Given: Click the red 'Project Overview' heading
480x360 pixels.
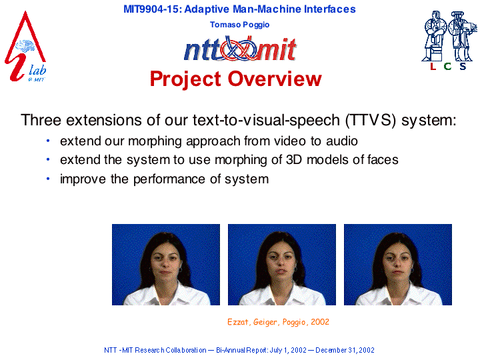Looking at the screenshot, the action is (x=236, y=79).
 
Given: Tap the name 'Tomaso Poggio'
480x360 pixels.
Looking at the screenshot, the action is (x=240, y=25).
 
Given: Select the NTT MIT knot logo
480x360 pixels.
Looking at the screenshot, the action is (x=240, y=49).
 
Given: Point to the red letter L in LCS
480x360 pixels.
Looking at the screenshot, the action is (x=433, y=66).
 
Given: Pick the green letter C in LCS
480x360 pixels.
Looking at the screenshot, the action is (x=447, y=66).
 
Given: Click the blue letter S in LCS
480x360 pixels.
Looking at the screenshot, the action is (x=463, y=66).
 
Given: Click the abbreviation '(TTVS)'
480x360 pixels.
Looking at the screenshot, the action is (x=371, y=120).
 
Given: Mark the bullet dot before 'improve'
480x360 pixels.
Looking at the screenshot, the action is (x=48, y=179).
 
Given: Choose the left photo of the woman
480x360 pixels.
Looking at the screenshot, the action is (x=166, y=265).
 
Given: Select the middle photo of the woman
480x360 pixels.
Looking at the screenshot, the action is (x=282, y=265).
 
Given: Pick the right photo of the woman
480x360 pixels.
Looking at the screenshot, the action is (x=398, y=265).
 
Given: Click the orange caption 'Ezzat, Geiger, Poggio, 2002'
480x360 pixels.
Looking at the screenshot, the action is (x=278, y=322).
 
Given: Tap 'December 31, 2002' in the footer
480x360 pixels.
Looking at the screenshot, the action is (x=345, y=350).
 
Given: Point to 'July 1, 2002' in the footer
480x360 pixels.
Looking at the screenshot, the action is (x=288, y=350).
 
